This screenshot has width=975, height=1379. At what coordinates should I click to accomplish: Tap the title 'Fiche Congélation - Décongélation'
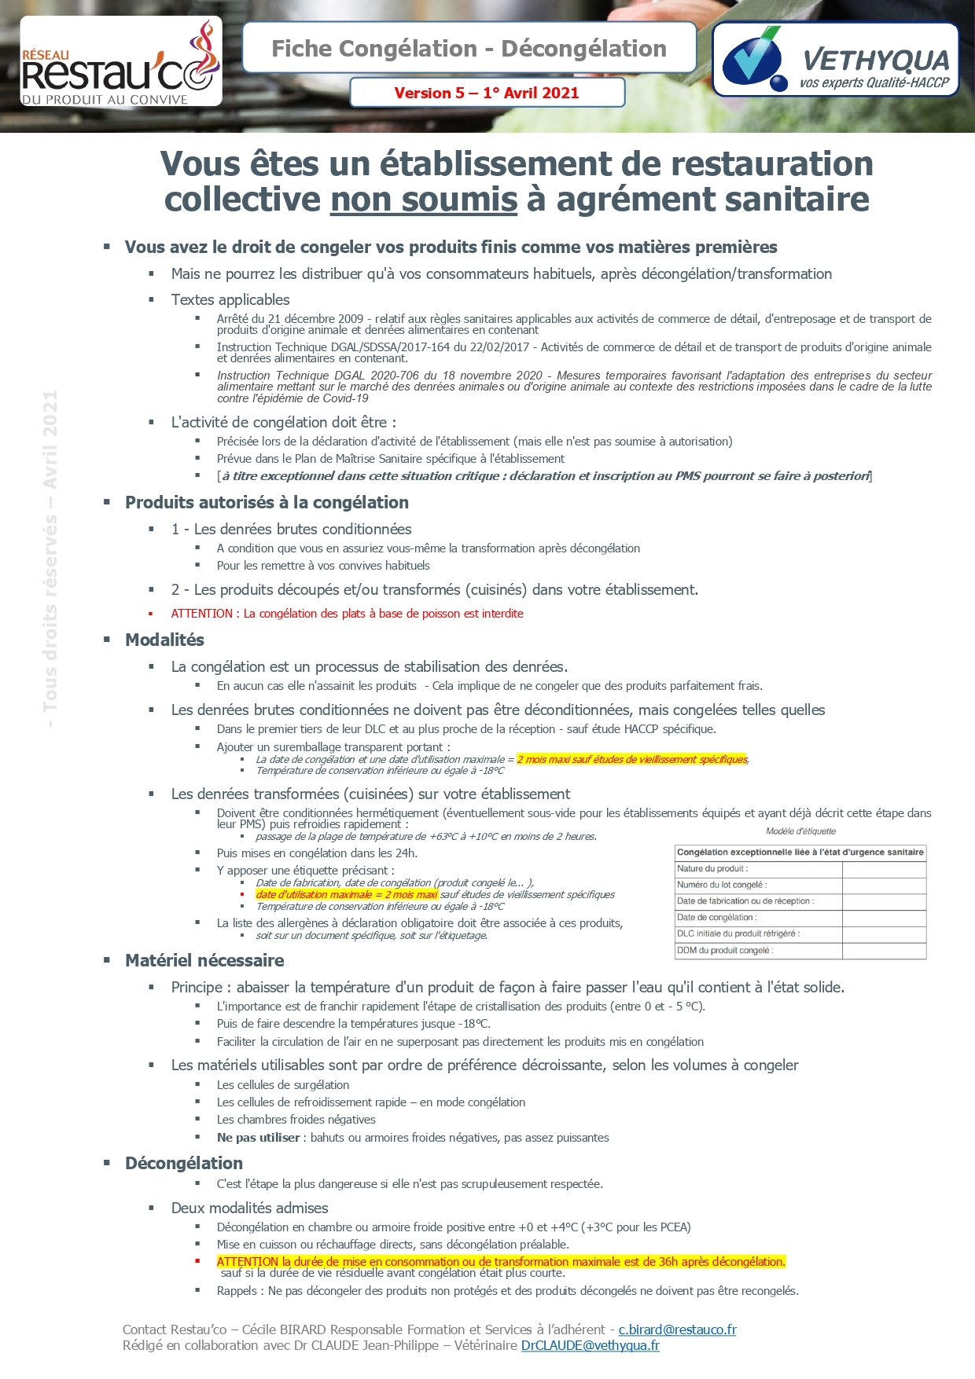(x=469, y=49)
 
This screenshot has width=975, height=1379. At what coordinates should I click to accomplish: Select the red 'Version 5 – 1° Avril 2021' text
(x=487, y=93)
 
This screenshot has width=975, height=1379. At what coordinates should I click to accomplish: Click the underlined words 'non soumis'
(x=424, y=200)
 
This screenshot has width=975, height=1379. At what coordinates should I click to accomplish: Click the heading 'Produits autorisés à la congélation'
(x=267, y=503)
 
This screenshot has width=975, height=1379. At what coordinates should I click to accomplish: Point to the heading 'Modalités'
(x=164, y=640)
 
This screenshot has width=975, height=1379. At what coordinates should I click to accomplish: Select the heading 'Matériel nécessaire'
(x=204, y=961)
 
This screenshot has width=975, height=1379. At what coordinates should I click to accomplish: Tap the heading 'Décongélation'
(x=184, y=1164)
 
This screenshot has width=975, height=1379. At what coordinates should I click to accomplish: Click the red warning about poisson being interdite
(x=347, y=614)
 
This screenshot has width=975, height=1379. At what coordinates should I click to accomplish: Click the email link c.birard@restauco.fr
(x=677, y=1330)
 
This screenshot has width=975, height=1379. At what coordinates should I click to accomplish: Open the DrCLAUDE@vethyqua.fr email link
(x=590, y=1346)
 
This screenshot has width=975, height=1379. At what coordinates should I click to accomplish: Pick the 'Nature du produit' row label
(x=712, y=869)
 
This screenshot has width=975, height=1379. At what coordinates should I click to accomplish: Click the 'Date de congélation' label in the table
(x=717, y=918)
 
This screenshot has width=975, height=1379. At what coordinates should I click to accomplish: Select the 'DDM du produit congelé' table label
(x=725, y=951)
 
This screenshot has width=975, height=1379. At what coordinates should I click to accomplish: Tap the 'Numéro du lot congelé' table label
(x=722, y=886)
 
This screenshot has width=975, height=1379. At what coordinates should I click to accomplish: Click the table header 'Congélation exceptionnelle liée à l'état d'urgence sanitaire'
(x=800, y=853)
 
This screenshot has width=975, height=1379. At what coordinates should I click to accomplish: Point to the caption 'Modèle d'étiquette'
(x=800, y=831)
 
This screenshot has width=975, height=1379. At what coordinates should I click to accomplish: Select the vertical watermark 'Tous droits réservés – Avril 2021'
(x=50, y=559)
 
